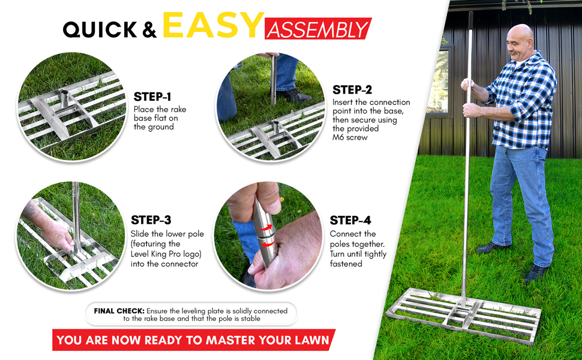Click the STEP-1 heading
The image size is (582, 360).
pyautogui.click(x=152, y=97)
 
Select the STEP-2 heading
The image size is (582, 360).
pyautogui.click(x=352, y=90)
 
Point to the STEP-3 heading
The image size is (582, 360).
pyautogui.click(x=151, y=220)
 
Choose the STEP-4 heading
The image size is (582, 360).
pyautogui.click(x=350, y=221)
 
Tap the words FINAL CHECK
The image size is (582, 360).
pyautogui.click(x=119, y=311)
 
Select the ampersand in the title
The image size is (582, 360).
pyautogui.click(x=150, y=29)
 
